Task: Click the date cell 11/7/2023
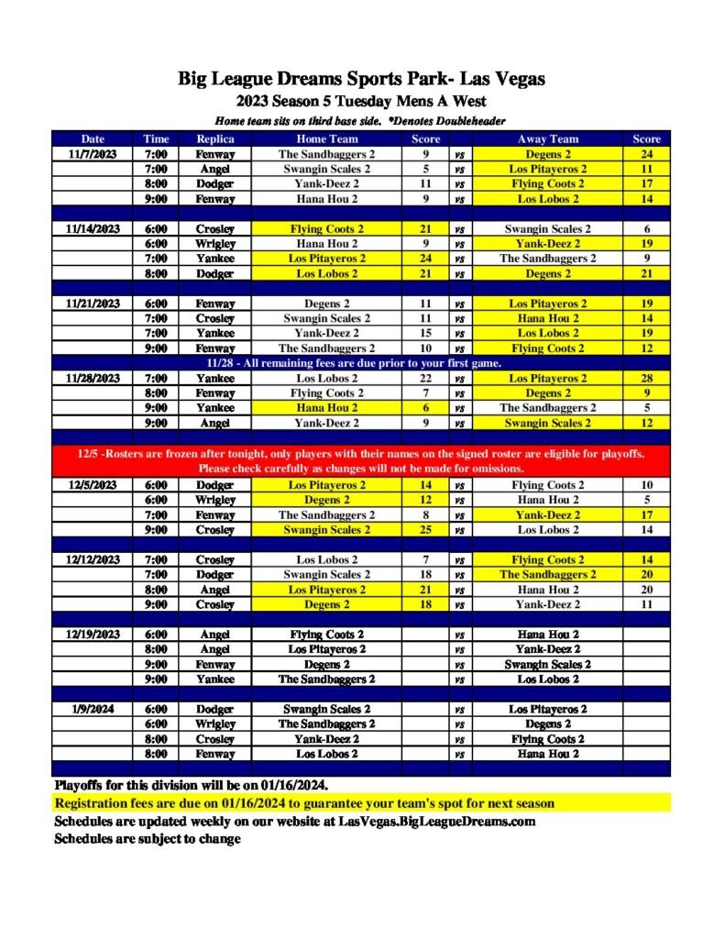coord(93,154)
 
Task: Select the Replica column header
coord(215,139)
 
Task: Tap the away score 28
coord(646,378)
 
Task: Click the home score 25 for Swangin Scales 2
coord(425,530)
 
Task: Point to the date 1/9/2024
coord(93,709)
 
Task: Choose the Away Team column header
coord(547,139)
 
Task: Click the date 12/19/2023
coord(93,635)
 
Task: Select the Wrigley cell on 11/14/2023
coord(215,244)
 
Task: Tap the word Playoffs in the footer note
coord(82,786)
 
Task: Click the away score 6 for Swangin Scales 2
coord(646,229)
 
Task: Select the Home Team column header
coord(326,139)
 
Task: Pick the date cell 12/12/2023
coord(93,559)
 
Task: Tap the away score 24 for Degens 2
coord(646,154)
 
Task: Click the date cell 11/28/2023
coord(93,378)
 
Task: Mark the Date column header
coord(93,139)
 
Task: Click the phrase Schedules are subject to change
coord(148,838)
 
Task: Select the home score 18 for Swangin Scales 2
coord(425,575)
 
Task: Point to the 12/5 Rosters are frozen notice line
coord(362,454)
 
